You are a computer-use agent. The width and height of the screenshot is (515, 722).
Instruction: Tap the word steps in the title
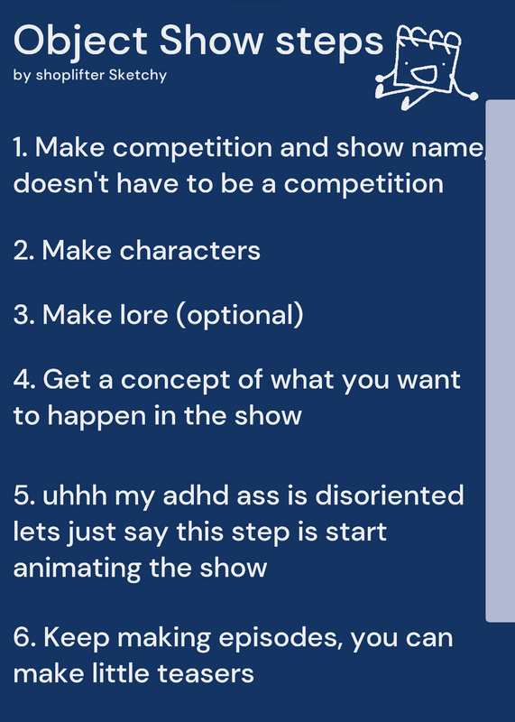click(329, 42)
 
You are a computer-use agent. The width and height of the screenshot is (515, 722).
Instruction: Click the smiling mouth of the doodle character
click(423, 73)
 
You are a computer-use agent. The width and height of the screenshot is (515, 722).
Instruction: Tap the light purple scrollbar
click(501, 360)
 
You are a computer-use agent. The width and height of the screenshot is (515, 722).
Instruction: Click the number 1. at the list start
click(21, 148)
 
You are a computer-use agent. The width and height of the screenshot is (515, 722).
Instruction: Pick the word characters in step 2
click(189, 251)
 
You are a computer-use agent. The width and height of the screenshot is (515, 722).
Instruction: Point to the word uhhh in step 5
click(75, 495)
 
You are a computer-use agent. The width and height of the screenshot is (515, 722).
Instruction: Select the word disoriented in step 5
click(390, 495)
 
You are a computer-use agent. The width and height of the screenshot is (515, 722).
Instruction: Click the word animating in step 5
click(77, 569)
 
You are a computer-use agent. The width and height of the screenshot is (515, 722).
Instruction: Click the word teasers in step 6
click(206, 673)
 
